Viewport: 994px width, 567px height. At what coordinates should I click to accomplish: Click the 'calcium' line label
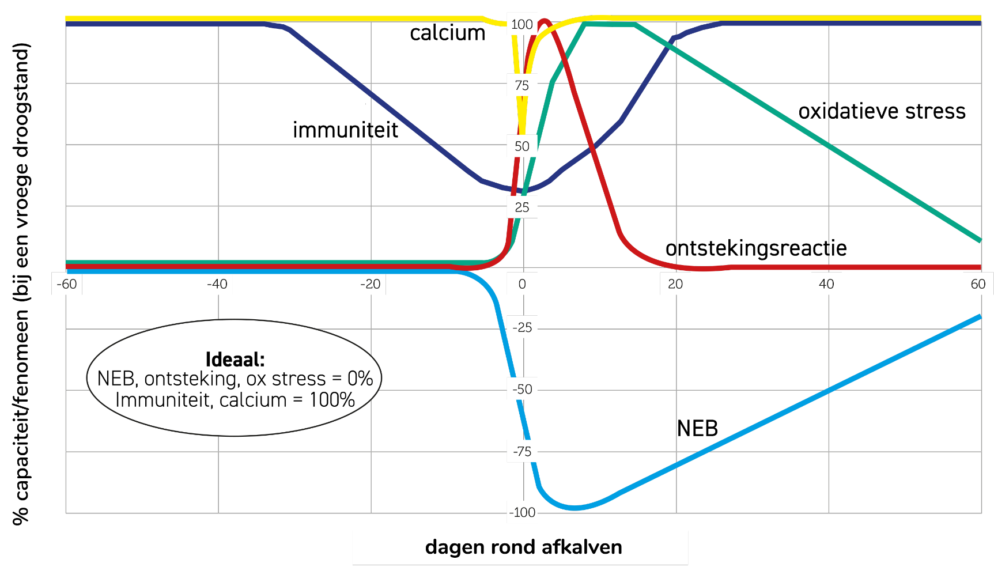pos(448,33)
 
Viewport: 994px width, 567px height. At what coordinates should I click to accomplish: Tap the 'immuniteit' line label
pos(345,130)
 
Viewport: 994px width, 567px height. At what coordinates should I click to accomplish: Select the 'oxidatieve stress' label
pos(882,111)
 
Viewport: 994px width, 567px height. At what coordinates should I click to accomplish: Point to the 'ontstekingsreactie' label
pos(756,248)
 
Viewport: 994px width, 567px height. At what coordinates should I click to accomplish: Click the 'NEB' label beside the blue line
pos(697,429)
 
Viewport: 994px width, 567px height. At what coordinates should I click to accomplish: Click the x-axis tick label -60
pos(67,284)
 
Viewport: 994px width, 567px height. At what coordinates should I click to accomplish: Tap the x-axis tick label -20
pos(370,284)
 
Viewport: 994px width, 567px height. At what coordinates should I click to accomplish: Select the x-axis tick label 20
pos(675,284)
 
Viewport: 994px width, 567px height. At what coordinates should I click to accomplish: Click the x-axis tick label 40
pos(826,284)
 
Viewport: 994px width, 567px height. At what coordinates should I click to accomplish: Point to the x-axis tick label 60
pos(978,284)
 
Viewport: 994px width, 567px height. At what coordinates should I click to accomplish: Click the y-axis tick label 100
pos(522,25)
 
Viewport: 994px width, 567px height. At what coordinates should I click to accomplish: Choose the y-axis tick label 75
pos(522,86)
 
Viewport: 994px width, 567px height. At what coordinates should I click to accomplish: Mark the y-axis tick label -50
pos(522,390)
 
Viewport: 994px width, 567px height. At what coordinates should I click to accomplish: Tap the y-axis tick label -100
pos(522,513)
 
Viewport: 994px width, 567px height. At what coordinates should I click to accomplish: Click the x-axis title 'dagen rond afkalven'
pos(523,547)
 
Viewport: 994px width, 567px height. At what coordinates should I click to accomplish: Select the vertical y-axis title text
pos(21,283)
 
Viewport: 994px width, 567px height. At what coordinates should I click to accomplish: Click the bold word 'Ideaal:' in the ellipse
pos(235,360)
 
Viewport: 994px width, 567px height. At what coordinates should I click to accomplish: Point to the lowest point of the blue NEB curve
pos(575,508)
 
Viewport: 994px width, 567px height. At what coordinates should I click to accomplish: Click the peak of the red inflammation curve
pos(544,22)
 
